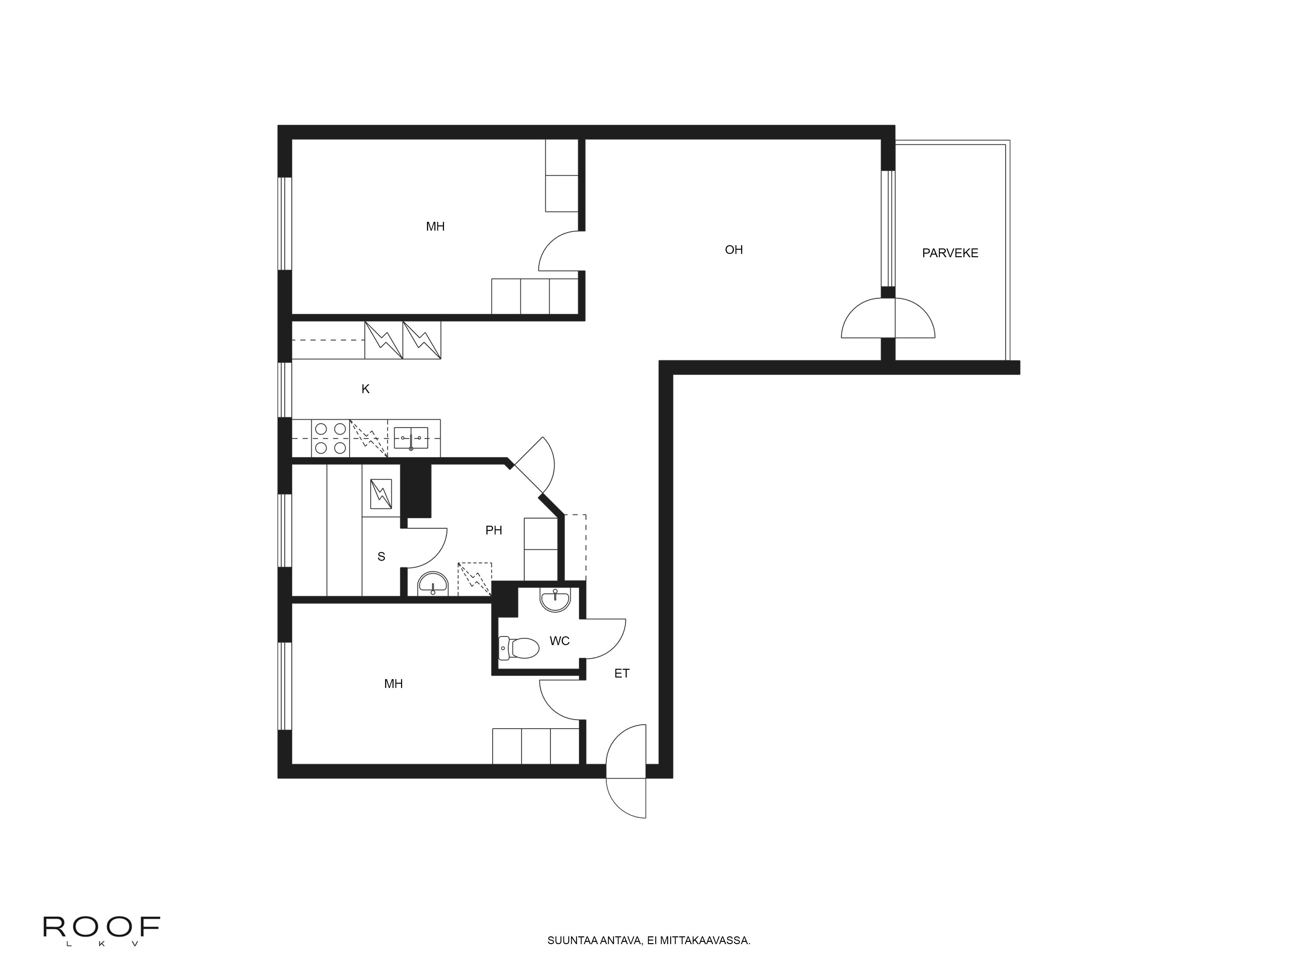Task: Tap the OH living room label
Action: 733,250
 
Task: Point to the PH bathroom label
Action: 494,530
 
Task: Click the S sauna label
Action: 381,557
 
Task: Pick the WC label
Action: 559,641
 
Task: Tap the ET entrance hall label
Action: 621,673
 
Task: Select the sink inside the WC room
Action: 555,600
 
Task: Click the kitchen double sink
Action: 411,438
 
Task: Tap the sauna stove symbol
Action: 381,494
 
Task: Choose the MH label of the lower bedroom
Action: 393,684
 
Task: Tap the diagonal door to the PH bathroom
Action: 534,466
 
